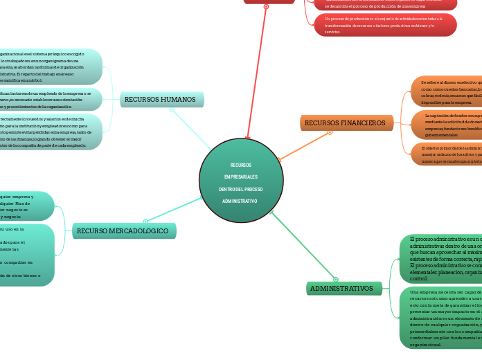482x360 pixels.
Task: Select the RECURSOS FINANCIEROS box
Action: [x=346, y=123]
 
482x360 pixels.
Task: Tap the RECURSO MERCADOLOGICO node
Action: [x=123, y=231]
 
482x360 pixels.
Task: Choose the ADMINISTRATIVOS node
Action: [x=341, y=288]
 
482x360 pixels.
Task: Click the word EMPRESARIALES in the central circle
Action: [x=241, y=177]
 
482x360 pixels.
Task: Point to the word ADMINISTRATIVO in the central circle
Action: [x=241, y=201]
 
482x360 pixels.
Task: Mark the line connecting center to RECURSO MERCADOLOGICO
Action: [x=173, y=208]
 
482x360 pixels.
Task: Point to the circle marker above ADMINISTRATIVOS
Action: [x=335, y=279]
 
